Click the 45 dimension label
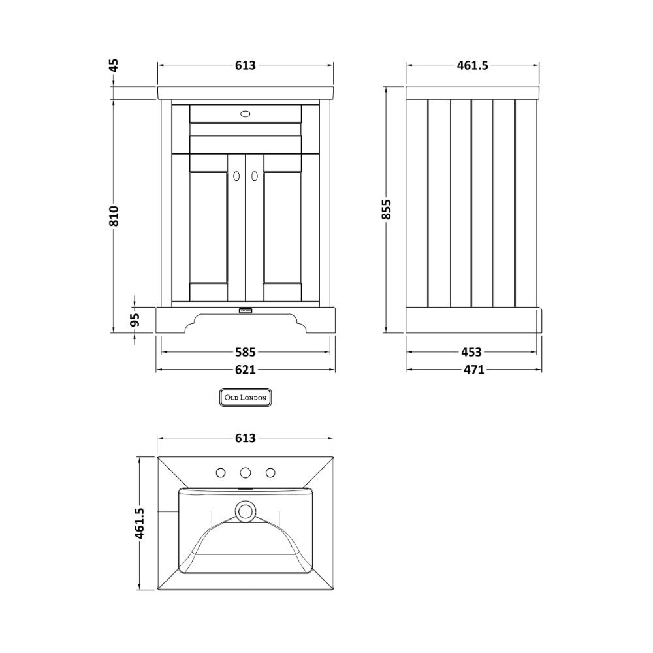114,65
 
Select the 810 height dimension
114,215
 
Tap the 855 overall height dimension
387,209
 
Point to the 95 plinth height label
135,320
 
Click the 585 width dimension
246,353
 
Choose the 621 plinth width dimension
246,370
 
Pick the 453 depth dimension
471,353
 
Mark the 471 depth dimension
474,370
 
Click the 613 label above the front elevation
246,65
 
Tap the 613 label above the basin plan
246,438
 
